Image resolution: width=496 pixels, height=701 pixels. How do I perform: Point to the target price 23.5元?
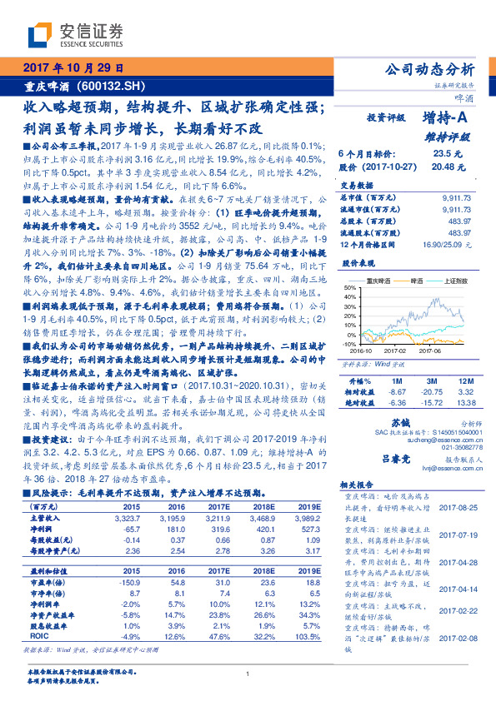pos(442,153)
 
